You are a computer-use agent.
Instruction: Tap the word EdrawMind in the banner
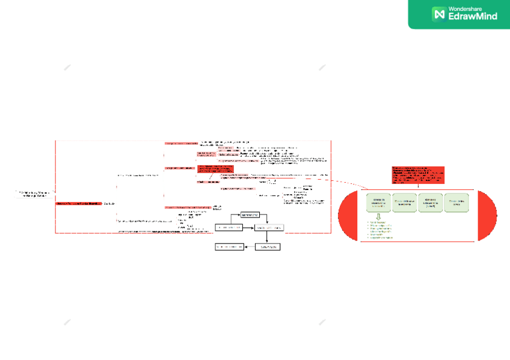coord(473,17)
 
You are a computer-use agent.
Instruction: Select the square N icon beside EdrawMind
coord(438,13)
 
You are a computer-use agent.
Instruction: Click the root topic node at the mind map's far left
coord(33,194)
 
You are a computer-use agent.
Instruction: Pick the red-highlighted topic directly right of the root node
coord(78,204)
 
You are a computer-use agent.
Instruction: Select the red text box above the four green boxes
coord(417,174)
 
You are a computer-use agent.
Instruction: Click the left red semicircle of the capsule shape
coord(349,216)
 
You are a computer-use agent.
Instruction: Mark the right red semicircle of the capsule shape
coord(487,216)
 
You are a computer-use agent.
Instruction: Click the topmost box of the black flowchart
coord(250,215)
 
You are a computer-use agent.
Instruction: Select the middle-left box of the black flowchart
coord(229,228)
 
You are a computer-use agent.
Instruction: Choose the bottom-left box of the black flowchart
coord(229,246)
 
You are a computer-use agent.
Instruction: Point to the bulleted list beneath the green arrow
coord(380,230)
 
